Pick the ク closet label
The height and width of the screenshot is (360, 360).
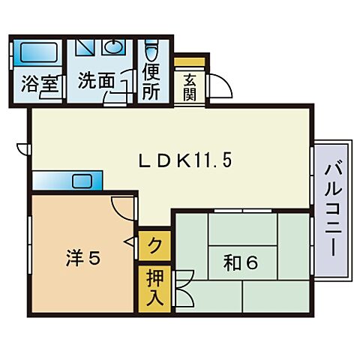click(x=154, y=244)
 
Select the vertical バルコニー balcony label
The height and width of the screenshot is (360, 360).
click(x=331, y=209)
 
